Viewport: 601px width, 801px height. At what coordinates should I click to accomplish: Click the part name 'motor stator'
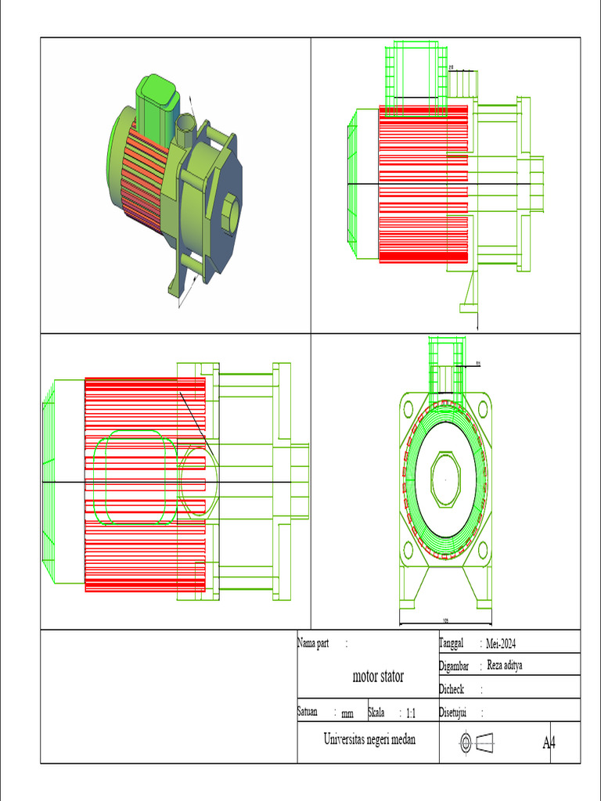tap(378, 677)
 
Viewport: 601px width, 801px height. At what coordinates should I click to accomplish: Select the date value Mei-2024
tap(501, 644)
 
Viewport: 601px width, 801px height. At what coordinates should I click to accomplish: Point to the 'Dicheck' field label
tap(452, 689)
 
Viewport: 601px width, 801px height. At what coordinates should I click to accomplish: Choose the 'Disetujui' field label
tap(454, 713)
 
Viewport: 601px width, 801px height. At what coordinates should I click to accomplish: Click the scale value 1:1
tap(411, 713)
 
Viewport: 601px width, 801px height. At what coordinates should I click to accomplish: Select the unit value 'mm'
tap(347, 714)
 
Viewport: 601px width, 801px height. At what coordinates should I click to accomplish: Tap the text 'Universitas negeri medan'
tap(369, 739)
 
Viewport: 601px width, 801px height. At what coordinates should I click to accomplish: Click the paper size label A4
tap(549, 742)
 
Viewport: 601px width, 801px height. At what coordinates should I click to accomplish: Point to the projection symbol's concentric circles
tap(465, 742)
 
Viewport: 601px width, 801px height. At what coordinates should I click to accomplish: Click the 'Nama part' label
tap(312, 643)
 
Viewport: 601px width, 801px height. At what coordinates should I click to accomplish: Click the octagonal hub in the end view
tap(445, 477)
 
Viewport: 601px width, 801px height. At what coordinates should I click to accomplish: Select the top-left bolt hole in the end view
tap(408, 408)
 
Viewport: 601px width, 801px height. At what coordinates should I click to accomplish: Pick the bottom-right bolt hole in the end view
tap(483, 548)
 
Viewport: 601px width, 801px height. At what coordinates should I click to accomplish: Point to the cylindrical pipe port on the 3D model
tap(186, 129)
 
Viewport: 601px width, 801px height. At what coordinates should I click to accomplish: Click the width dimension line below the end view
tap(445, 624)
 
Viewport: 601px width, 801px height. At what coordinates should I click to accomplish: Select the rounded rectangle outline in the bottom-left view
tap(135, 477)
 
